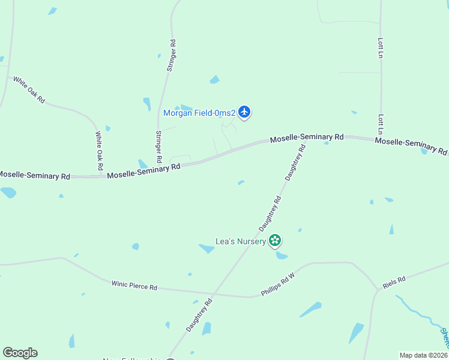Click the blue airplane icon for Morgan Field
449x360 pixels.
pos(244,112)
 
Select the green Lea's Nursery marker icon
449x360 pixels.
pos(275,241)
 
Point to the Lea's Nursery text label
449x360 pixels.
pos(241,242)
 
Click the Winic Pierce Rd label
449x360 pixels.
pos(134,285)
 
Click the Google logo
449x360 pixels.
pos(20,353)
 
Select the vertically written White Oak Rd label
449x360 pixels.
pos(100,149)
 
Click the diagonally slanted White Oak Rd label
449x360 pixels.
pos(29,89)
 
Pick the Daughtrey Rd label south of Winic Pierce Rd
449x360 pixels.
pos(199,316)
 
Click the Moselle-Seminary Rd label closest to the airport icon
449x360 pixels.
pos(306,138)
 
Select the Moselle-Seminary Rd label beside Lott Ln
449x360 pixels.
pos(411,145)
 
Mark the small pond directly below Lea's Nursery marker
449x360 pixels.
pos(281,256)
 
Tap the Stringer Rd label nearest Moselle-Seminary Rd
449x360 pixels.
pos(158,147)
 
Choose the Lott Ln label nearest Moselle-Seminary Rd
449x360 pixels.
pos(381,124)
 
